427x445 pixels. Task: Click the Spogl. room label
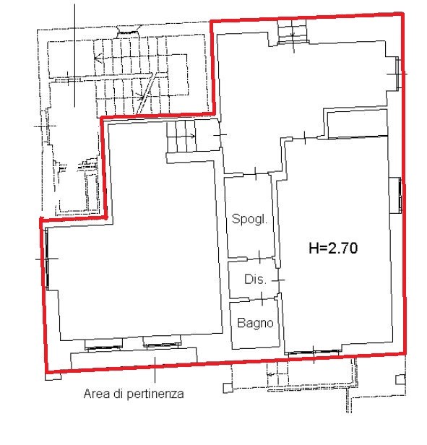click(249, 219)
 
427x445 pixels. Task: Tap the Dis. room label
click(255, 280)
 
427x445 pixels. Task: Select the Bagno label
click(255, 323)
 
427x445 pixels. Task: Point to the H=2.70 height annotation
click(333, 248)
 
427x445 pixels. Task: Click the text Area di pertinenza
click(134, 394)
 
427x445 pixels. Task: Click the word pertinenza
click(155, 394)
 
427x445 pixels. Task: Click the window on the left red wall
click(46, 259)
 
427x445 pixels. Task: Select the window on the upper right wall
click(397, 73)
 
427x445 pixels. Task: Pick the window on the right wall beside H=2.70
click(400, 195)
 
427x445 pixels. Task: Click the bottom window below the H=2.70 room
click(314, 353)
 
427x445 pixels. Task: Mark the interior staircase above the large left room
click(181, 137)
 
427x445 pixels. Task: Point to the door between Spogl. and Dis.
click(259, 257)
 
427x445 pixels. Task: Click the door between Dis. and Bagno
click(262, 298)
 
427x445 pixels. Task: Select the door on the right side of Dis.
click(278, 280)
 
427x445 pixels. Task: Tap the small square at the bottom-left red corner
click(53, 376)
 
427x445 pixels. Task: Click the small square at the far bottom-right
click(400, 379)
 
